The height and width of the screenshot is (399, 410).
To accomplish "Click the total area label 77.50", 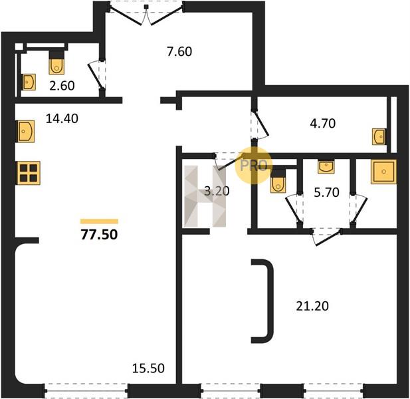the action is pyautogui.click(x=100, y=235).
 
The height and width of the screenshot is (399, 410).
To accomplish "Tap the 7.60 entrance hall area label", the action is pyautogui.click(x=179, y=52).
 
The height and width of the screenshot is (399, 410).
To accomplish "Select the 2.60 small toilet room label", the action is pyautogui.click(x=62, y=86).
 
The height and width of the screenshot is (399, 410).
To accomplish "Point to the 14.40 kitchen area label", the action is pyautogui.click(x=62, y=118).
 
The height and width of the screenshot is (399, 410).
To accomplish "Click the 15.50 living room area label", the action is pyautogui.click(x=148, y=368).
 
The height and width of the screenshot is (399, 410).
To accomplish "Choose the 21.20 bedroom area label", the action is pyautogui.click(x=312, y=306).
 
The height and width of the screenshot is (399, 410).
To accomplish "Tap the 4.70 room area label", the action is pyautogui.click(x=323, y=123).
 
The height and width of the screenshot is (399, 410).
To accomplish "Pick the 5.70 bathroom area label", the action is pyautogui.click(x=326, y=193).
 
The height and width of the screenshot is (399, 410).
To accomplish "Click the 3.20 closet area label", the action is pyautogui.click(x=217, y=192).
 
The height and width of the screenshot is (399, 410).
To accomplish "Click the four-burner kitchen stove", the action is pyautogui.click(x=29, y=173).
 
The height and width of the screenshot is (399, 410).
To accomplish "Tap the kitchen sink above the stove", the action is pyautogui.click(x=26, y=132).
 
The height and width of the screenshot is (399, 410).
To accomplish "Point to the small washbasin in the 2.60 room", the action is pyautogui.click(x=29, y=82).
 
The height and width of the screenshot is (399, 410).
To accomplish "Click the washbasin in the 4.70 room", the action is pyautogui.click(x=379, y=136).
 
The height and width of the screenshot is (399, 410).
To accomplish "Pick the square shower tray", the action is pyautogui.click(x=383, y=172).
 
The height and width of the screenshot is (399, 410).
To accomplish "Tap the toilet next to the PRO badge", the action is pyautogui.click(x=278, y=181).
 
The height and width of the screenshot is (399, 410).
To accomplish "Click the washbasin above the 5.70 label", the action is pyautogui.click(x=326, y=167).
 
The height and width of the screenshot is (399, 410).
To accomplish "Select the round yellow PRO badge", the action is pyautogui.click(x=253, y=166).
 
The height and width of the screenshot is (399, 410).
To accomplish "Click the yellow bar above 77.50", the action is pyautogui.click(x=100, y=221).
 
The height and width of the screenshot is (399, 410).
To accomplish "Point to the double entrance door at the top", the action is pyautogui.click(x=146, y=13).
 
